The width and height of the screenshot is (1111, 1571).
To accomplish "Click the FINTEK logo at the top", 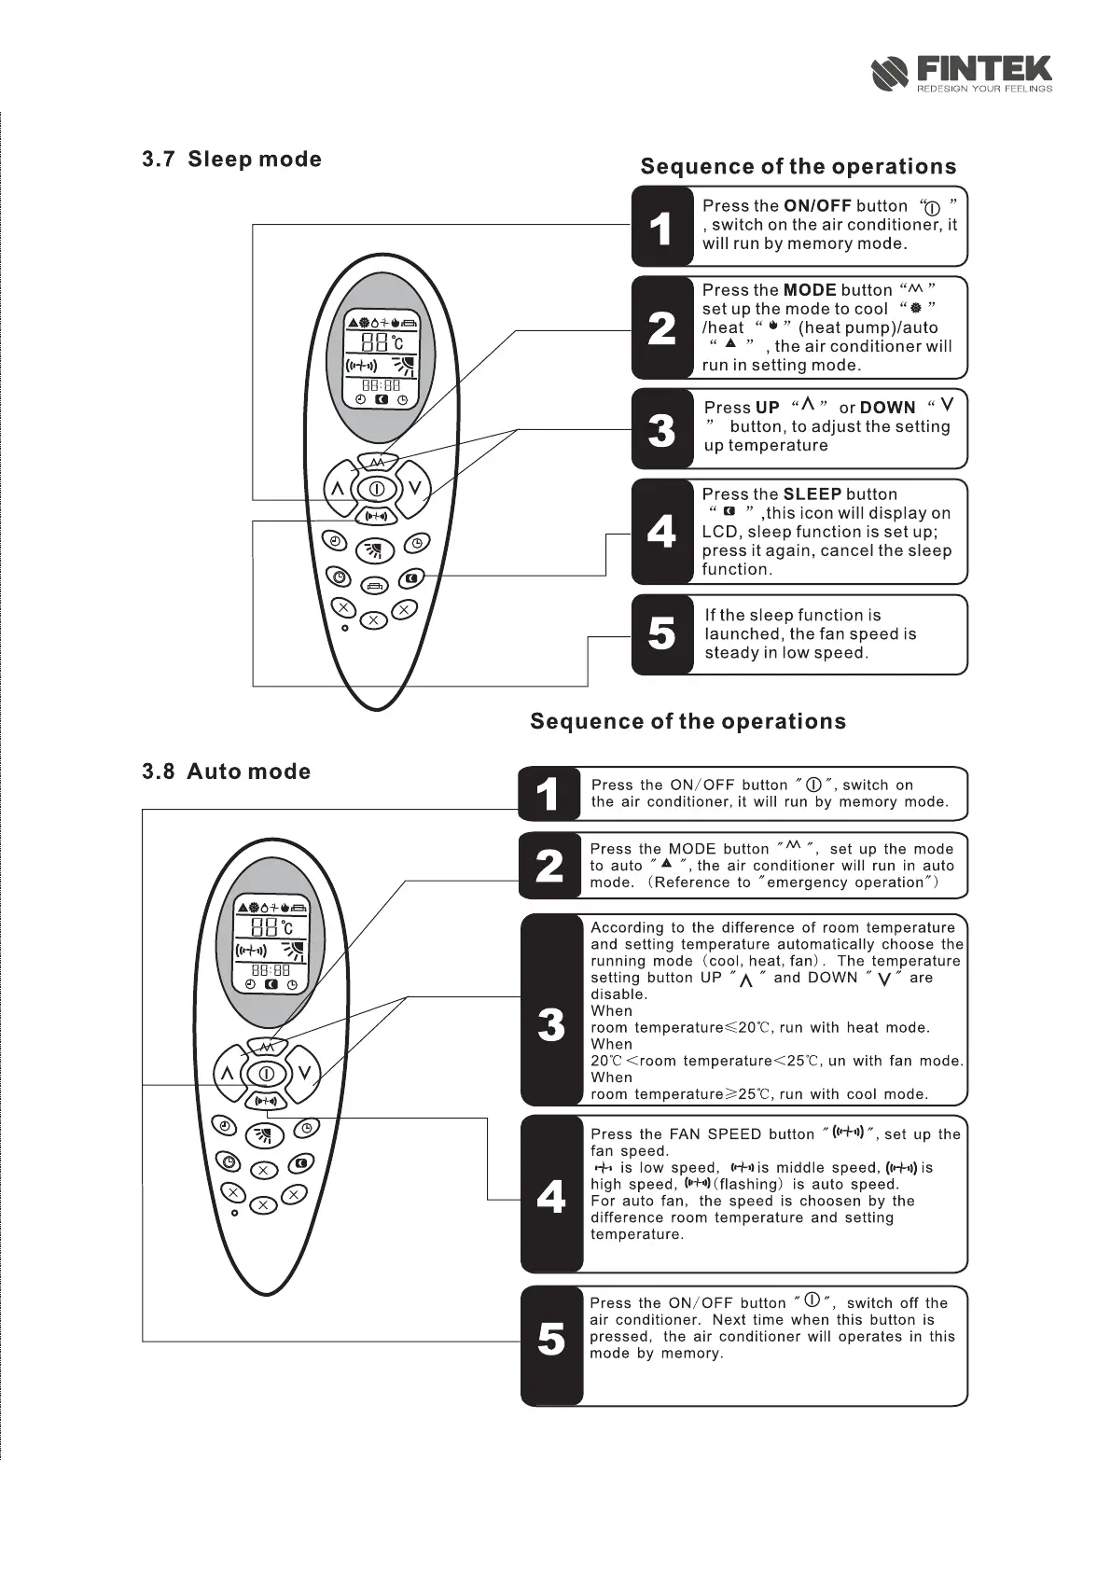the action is click(961, 73).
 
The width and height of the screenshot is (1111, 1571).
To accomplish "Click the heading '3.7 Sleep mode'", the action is click(231, 160).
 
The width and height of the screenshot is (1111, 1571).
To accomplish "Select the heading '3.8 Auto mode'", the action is click(226, 772).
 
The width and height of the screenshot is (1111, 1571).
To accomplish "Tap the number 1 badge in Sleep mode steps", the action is click(661, 227).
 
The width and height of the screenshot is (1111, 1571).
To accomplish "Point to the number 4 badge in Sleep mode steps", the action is click(661, 532).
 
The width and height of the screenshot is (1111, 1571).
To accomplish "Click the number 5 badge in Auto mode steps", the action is click(551, 1341).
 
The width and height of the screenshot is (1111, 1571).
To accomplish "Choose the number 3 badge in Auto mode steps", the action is click(551, 1024).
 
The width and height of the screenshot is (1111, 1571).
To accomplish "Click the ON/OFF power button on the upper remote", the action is click(376, 488).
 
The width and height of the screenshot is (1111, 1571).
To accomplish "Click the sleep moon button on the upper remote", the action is click(412, 578).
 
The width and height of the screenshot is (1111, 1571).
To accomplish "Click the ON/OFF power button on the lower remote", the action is click(267, 1074).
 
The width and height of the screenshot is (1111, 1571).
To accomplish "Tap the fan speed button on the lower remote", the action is click(266, 1101).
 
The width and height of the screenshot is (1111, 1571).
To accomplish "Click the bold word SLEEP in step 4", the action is click(812, 494).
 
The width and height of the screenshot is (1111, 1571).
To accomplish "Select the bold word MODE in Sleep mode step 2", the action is click(809, 290).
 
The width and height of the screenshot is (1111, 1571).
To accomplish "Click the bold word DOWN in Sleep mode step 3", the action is click(887, 408).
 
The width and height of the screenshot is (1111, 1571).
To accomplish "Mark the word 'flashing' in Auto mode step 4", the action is click(752, 1185).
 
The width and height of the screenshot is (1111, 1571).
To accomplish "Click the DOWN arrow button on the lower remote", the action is click(304, 1073).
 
